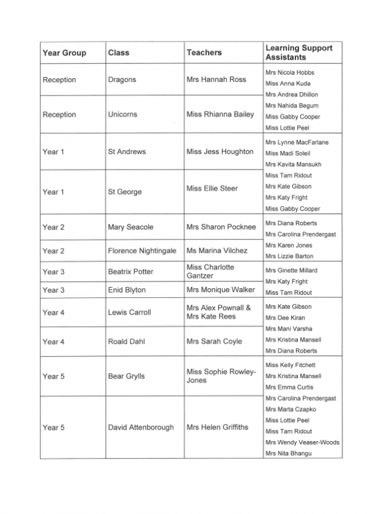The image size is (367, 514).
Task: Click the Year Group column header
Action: [x=64, y=53]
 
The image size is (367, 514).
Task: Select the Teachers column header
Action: [x=204, y=53]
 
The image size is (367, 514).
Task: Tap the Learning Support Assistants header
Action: [x=298, y=53]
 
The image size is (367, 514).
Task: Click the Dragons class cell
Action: [x=122, y=80]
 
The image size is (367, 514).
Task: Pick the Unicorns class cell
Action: [x=122, y=114]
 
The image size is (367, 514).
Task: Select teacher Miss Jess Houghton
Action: [x=220, y=151]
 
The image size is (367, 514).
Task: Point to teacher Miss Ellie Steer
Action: [x=212, y=188]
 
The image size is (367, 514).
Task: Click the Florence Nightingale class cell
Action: [x=142, y=251]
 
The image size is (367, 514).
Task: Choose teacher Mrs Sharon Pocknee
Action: [x=221, y=227]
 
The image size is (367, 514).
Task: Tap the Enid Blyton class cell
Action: [x=127, y=290]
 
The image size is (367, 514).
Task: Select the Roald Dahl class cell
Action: [x=127, y=341]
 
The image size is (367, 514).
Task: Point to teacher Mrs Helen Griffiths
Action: [x=217, y=427]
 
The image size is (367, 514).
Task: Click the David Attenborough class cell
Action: [x=141, y=427]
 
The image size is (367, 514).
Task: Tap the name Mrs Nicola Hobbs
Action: [x=290, y=72]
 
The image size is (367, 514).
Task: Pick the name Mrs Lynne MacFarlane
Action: [x=297, y=142]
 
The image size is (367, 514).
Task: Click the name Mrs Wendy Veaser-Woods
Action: [x=302, y=442]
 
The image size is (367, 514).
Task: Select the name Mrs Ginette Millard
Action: [x=292, y=270]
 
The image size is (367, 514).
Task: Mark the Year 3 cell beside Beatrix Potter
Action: [x=53, y=272]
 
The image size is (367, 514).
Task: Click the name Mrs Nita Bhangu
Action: [x=288, y=453]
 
